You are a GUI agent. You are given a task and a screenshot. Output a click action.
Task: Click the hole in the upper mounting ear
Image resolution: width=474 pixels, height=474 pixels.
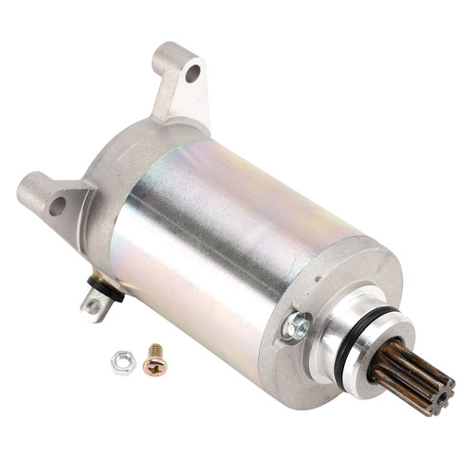click(192, 72)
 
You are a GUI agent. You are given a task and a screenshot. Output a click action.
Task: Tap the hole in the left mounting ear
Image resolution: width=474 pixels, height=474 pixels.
click(57, 202)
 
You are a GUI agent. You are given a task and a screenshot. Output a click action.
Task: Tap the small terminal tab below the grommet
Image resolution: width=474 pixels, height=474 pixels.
click(94, 305)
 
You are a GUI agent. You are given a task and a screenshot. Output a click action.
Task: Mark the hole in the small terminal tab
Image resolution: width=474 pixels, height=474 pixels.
click(92, 307)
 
